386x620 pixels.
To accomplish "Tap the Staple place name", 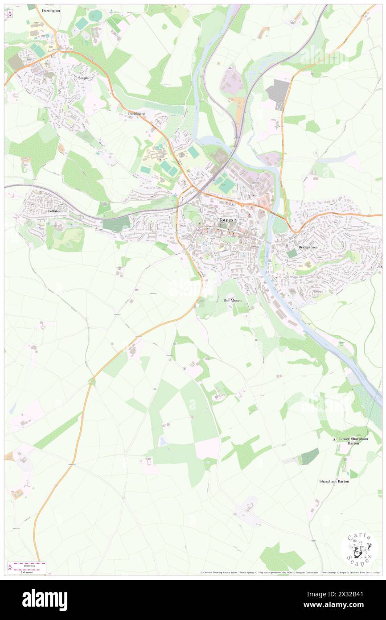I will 83,78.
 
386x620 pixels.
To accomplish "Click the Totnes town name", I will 226,220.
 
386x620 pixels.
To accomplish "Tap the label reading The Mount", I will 232,300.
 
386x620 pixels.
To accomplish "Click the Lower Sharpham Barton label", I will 353,441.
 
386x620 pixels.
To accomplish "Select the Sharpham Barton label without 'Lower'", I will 334,481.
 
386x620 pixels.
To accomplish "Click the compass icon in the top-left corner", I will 10,14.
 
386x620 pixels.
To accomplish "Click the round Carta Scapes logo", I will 359,550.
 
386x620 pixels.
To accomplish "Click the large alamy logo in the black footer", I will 45,600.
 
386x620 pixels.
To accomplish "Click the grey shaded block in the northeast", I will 278,93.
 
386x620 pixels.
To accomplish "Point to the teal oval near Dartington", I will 94,16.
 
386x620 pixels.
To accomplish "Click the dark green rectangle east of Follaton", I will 116,223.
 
